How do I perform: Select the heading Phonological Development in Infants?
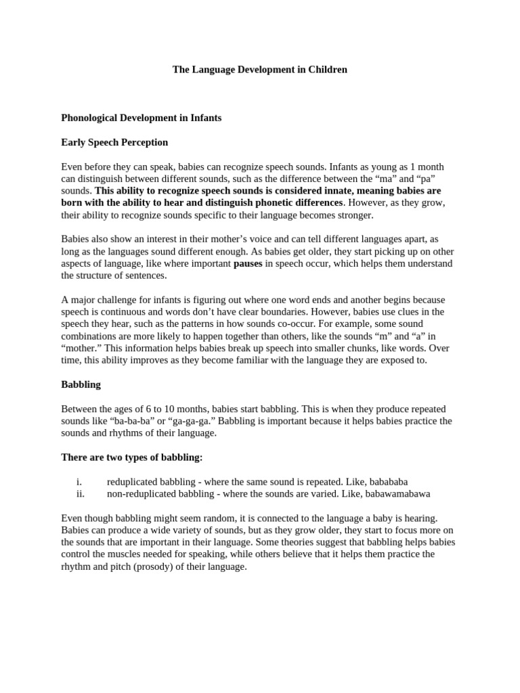tap(141, 118)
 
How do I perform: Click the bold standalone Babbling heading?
tap(81, 384)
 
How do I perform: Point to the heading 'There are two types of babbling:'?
tap(132, 457)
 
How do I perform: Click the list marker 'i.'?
tap(79, 482)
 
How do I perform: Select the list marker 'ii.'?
tap(80, 494)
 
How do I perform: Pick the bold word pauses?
tap(248, 263)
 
